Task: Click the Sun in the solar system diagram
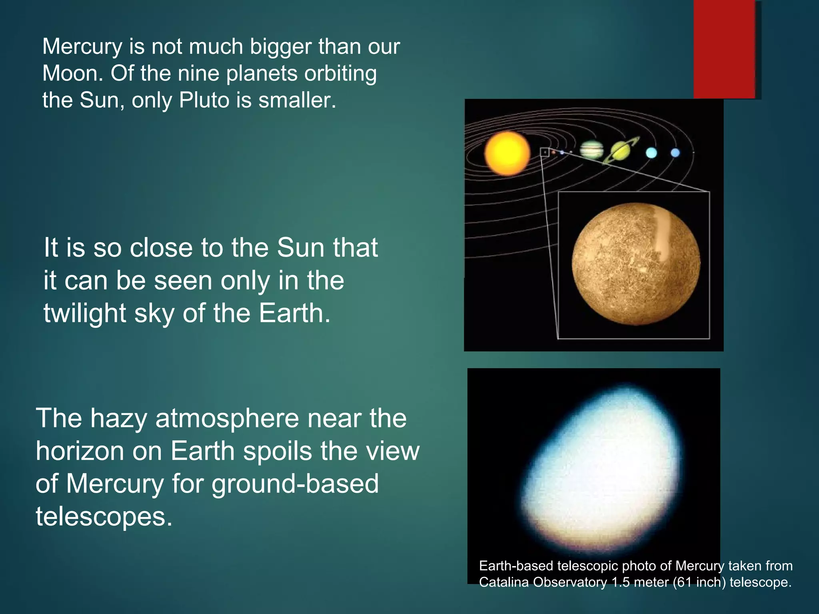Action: click(507, 153)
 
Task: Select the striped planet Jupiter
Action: click(591, 150)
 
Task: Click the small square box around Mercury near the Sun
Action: click(545, 152)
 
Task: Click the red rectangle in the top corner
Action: click(724, 49)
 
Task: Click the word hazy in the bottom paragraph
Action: click(118, 419)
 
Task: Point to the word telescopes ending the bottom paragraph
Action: click(104, 516)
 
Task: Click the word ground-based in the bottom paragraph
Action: click(295, 484)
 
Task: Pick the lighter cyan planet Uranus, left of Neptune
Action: click(651, 153)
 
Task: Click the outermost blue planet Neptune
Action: click(675, 153)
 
